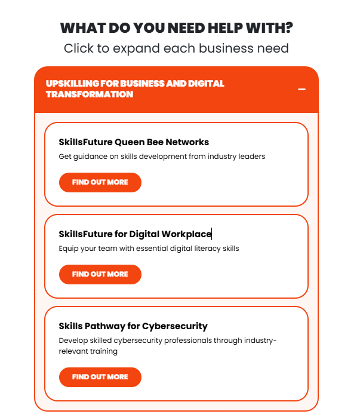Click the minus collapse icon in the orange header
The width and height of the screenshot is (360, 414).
[301, 89]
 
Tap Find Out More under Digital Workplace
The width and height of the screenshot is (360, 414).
[100, 274]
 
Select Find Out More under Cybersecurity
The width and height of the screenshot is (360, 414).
[100, 377]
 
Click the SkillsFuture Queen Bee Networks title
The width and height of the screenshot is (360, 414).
[134, 142]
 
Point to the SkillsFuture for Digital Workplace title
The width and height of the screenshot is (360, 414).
[135, 234]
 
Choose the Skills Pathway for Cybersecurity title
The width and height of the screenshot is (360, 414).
[133, 326]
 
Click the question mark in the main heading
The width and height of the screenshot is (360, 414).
[289, 27]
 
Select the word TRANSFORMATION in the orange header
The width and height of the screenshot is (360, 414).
[90, 94]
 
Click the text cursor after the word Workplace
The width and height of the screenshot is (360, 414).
[212, 234]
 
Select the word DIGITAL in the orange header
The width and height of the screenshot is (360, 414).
[206, 84]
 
